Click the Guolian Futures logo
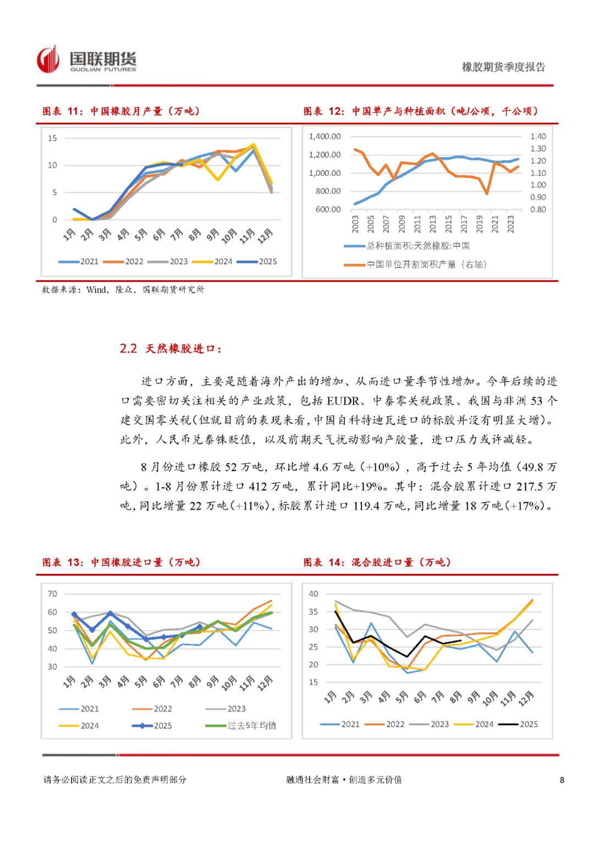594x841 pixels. (x=86, y=59)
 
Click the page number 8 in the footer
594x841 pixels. (x=562, y=780)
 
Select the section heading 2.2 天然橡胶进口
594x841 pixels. (x=170, y=349)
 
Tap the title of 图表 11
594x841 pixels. (x=121, y=111)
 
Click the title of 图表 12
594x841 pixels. (x=421, y=111)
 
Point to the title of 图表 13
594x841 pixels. (x=121, y=562)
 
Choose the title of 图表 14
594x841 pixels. (x=377, y=562)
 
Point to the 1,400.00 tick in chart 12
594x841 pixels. (x=324, y=137)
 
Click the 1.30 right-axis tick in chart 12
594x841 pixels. (x=538, y=149)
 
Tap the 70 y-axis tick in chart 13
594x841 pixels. (x=52, y=594)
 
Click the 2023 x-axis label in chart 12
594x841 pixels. (x=511, y=224)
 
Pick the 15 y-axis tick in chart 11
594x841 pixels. (x=52, y=138)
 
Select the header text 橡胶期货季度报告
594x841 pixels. (x=503, y=67)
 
